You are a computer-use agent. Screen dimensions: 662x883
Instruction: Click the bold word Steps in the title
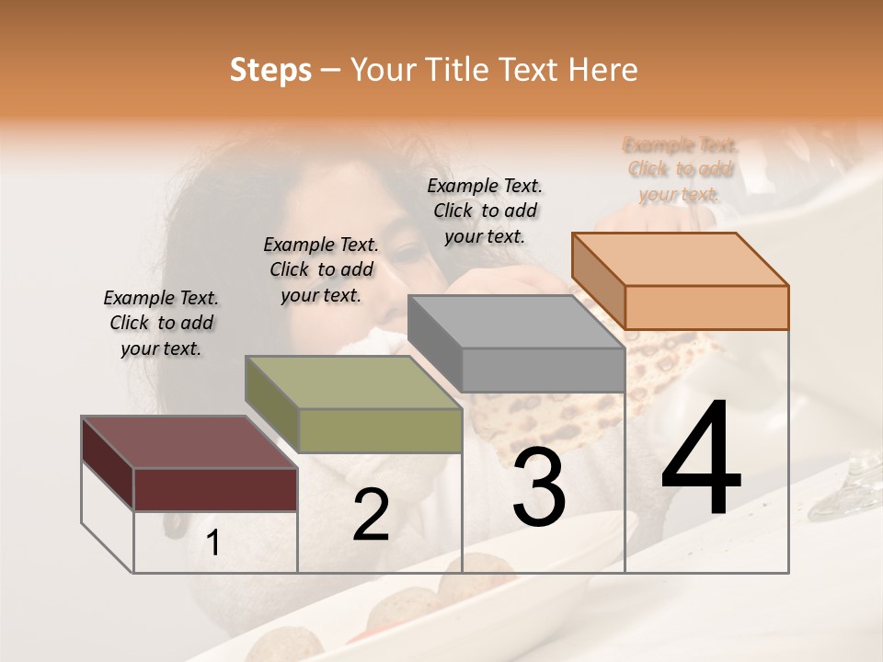pyautogui.click(x=270, y=70)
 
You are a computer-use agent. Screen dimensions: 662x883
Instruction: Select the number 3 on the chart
pyautogui.click(x=539, y=487)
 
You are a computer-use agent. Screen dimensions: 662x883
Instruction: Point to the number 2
pyautogui.click(x=371, y=515)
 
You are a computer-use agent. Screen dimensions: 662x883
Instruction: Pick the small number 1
pyautogui.click(x=212, y=543)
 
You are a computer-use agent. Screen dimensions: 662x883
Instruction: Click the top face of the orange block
pyautogui.click(x=681, y=258)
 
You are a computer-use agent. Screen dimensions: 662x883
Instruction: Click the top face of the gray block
pyautogui.click(x=516, y=322)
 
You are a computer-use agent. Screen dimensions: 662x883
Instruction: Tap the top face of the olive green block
pyautogui.click(x=353, y=382)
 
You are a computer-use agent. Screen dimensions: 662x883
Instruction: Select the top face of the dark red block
pyautogui.click(x=189, y=442)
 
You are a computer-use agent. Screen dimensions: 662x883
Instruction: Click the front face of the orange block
pyautogui.click(x=706, y=307)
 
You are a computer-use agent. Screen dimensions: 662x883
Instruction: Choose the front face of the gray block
pyautogui.click(x=543, y=371)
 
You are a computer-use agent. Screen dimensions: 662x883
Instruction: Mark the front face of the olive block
pyautogui.click(x=380, y=430)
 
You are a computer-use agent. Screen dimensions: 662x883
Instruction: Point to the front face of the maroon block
pyautogui.click(x=216, y=489)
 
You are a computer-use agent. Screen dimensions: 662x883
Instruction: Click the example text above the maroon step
pyautogui.click(x=161, y=323)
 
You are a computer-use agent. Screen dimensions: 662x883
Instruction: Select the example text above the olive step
pyautogui.click(x=321, y=269)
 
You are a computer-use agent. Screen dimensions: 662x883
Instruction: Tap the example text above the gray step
pyautogui.click(x=485, y=211)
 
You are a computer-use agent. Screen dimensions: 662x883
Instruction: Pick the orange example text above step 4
pyautogui.click(x=680, y=169)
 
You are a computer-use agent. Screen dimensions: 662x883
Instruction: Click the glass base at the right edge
pyautogui.click(x=850, y=492)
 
